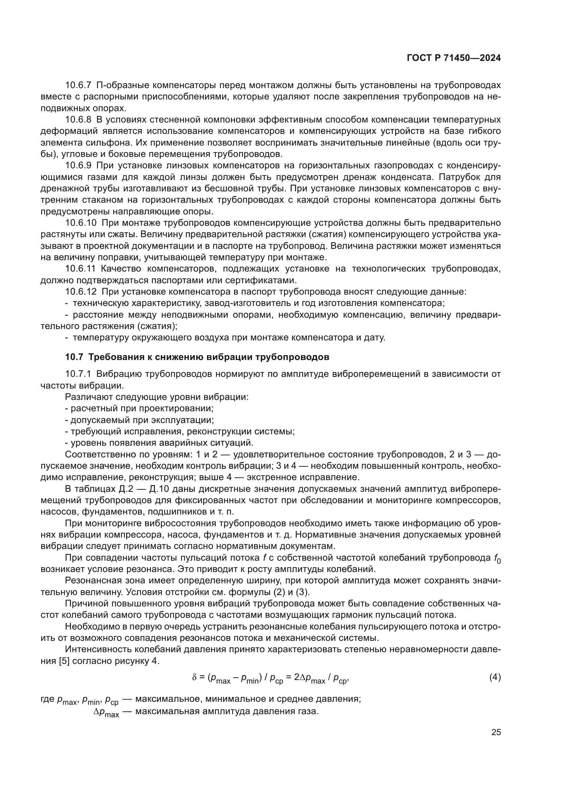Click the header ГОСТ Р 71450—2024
(454, 58)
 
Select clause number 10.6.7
(78, 85)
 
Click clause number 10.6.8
(78, 119)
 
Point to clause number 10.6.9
(78, 166)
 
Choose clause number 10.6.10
(80, 223)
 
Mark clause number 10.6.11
(80, 269)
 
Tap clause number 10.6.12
(80, 292)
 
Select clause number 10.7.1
(78, 374)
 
